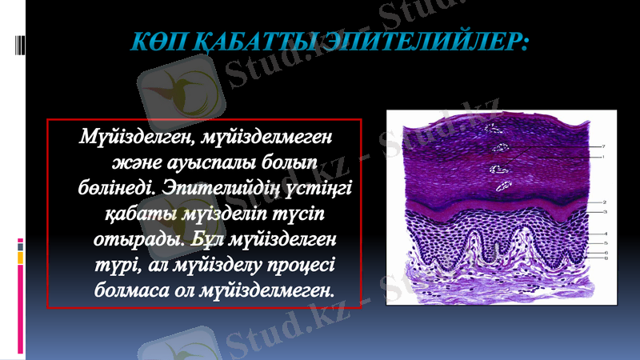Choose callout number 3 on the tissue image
605,212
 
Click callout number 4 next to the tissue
606,233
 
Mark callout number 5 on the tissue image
606,242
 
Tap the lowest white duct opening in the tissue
504,186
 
